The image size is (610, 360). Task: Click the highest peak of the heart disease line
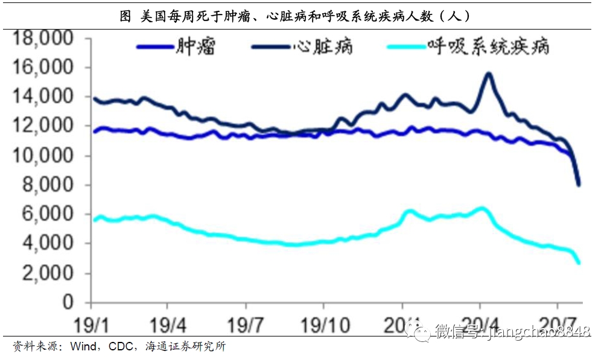coord(488,74)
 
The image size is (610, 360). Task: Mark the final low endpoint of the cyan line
coord(579,262)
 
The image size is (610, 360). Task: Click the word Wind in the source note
coord(83,347)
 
